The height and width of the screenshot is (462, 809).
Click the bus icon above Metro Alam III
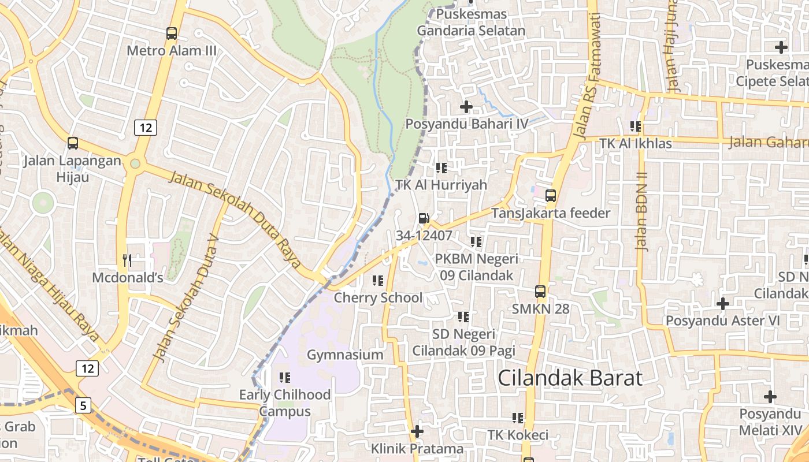[172, 33]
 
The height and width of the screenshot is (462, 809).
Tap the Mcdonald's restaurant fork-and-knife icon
[127, 260]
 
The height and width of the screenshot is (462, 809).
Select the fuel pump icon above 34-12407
[424, 218]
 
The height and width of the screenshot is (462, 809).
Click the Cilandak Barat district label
[570, 378]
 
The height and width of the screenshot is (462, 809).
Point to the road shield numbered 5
[83, 405]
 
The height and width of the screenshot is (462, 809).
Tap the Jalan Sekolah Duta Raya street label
[235, 219]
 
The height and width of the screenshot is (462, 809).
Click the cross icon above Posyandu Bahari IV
[466, 107]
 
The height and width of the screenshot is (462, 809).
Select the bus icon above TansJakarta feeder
[551, 196]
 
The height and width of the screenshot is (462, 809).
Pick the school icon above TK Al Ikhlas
[636, 126]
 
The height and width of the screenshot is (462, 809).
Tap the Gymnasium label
[345, 355]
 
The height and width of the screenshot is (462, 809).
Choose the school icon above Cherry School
[378, 281]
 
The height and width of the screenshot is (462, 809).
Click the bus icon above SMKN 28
[540, 292]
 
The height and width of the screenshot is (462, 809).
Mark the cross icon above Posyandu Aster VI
[723, 303]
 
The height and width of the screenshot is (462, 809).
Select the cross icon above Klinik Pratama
[417, 431]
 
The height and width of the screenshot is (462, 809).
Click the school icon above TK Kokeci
[517, 418]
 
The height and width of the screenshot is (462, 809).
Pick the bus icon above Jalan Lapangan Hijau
[73, 143]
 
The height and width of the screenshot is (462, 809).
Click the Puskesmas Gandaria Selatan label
[471, 23]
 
